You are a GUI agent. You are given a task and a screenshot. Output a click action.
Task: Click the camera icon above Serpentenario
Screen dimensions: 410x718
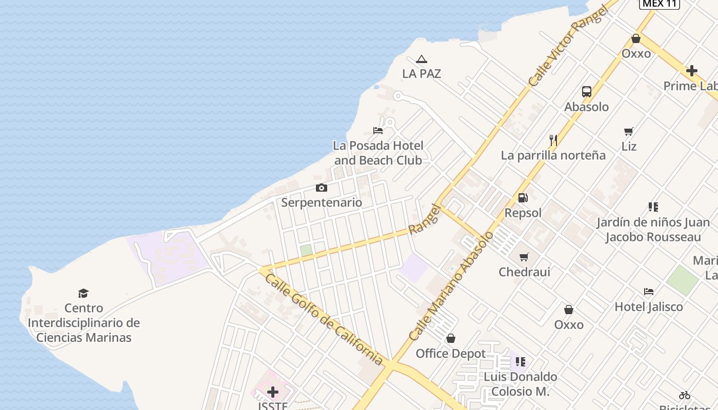tap(322, 188)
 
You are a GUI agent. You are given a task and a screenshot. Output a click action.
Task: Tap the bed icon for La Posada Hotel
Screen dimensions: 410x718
tap(378, 131)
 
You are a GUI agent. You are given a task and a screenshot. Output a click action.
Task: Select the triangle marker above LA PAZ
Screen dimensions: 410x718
tap(422, 59)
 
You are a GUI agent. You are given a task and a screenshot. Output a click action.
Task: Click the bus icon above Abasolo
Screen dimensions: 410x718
tap(587, 92)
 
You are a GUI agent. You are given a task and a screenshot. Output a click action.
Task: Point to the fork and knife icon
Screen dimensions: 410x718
tap(553, 140)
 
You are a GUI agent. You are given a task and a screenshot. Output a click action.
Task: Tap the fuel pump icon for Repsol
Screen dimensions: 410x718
tap(523, 198)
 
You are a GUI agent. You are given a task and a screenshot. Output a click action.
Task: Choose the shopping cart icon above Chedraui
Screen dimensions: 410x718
tap(524, 257)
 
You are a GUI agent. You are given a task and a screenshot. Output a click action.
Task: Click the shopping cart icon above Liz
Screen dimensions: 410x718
tap(629, 131)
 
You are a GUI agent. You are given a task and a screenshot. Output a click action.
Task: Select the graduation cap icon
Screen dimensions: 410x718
tap(83, 293)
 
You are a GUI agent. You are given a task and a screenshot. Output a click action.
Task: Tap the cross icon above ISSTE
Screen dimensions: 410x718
tap(273, 392)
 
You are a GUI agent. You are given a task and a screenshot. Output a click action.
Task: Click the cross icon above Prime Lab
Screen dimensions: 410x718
tap(692, 71)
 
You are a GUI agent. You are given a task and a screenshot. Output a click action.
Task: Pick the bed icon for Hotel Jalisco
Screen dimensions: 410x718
tap(649, 292)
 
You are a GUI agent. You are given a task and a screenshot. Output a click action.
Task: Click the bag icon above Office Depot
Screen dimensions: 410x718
tap(451, 338)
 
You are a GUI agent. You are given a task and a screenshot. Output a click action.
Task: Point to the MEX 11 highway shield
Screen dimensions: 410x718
tap(659, 4)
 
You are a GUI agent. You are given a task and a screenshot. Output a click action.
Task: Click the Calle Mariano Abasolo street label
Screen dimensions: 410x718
tap(451, 286)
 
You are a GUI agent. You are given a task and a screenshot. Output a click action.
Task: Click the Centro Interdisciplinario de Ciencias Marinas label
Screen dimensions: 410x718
tap(84, 323)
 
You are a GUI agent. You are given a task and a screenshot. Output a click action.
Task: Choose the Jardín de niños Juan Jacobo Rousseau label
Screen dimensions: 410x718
tap(653, 230)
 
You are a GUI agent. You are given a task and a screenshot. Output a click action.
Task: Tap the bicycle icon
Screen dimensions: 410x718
tap(685, 395)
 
